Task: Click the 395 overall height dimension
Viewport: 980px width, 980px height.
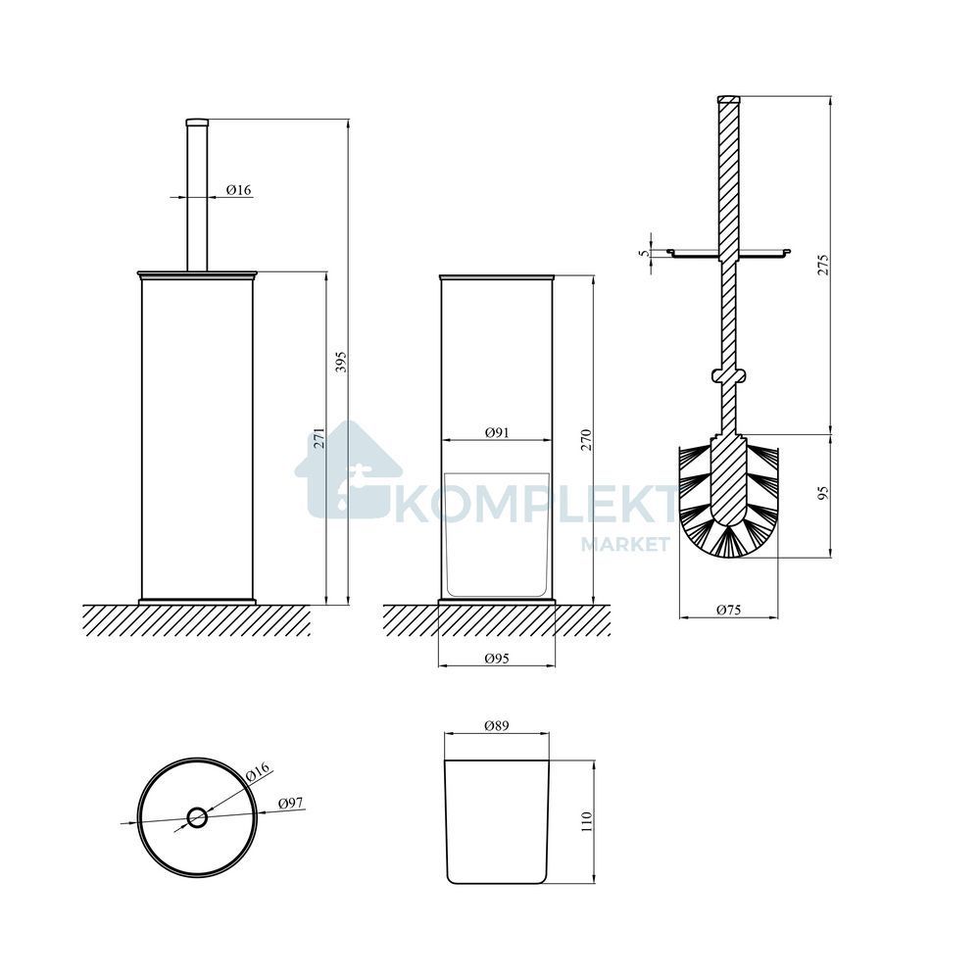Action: coord(341,362)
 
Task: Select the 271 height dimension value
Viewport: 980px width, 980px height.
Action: coord(319,438)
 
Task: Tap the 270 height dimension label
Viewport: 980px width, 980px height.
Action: coord(586,441)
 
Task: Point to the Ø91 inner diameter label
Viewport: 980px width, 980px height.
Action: coord(497,432)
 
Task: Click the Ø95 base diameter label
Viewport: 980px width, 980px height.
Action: coord(497,659)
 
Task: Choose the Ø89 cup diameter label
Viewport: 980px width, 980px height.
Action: coord(497,725)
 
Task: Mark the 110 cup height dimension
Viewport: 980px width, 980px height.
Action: coord(586,822)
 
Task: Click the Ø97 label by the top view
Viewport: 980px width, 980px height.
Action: coord(291,803)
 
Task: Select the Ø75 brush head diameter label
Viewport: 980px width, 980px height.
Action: coord(729,610)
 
